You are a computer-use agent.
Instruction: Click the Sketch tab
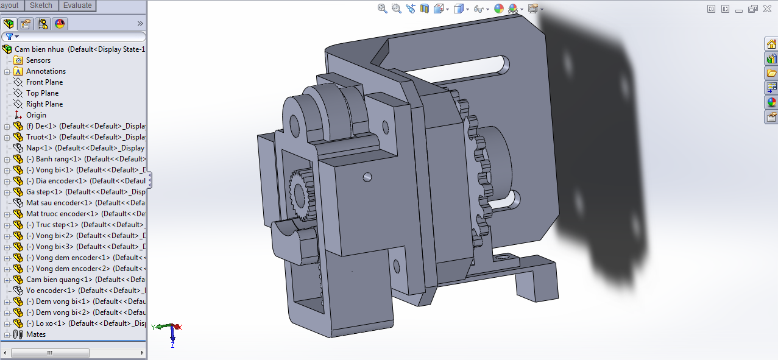pyautogui.click(x=41, y=5)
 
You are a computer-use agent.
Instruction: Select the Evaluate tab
pyautogui.click(x=77, y=5)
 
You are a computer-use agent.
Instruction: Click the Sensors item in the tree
pyautogui.click(x=38, y=60)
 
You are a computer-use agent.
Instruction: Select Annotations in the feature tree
pyautogui.click(x=46, y=71)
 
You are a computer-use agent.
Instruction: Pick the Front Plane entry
pyautogui.click(x=44, y=82)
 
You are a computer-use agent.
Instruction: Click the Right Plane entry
pyautogui.click(x=44, y=104)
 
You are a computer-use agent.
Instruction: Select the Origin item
pyautogui.click(x=36, y=115)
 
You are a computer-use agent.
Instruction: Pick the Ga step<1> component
pyautogui.click(x=44, y=192)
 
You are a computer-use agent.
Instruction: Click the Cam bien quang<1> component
pyautogui.click(x=59, y=280)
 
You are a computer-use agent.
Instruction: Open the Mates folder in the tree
pyautogui.click(x=35, y=334)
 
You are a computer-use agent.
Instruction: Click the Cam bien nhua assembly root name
pyautogui.click(x=40, y=49)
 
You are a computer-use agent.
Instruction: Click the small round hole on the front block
pyautogui.click(x=367, y=177)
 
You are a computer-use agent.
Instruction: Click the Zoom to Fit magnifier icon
pyautogui.click(x=383, y=9)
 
